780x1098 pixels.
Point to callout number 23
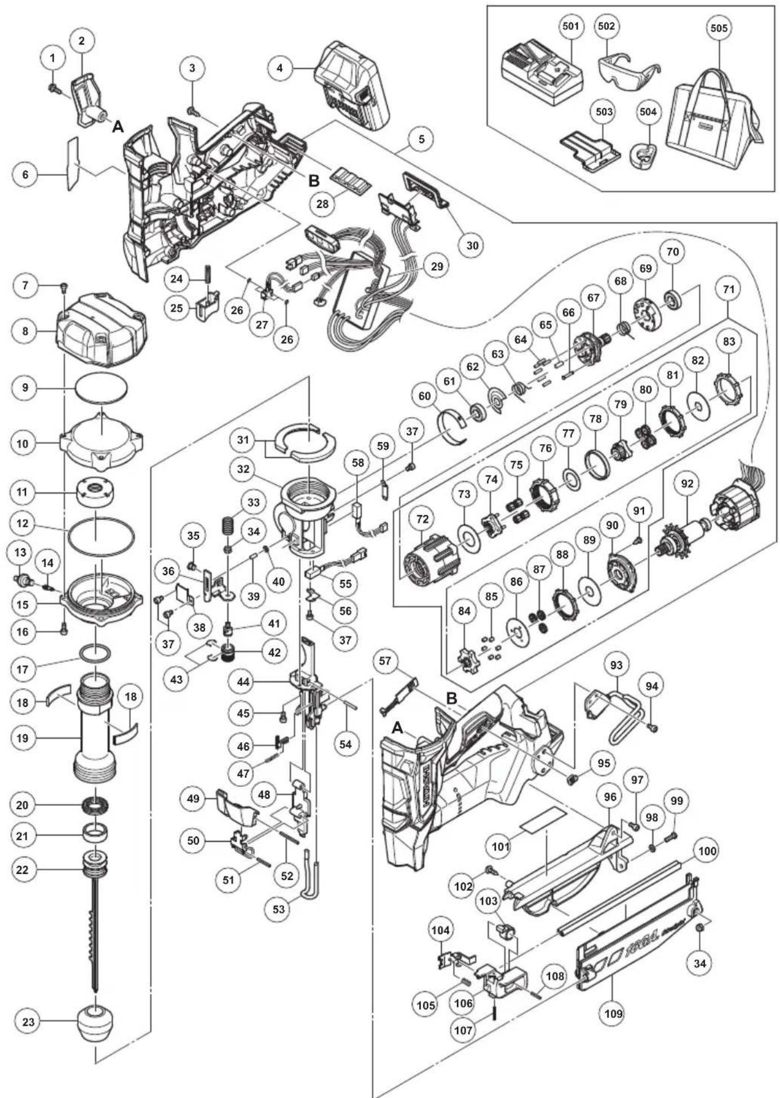click(x=28, y=1021)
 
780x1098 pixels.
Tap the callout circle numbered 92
click(x=687, y=484)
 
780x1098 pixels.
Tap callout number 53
click(x=278, y=909)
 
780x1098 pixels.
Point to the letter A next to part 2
click(x=118, y=126)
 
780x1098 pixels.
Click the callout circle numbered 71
click(x=728, y=289)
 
